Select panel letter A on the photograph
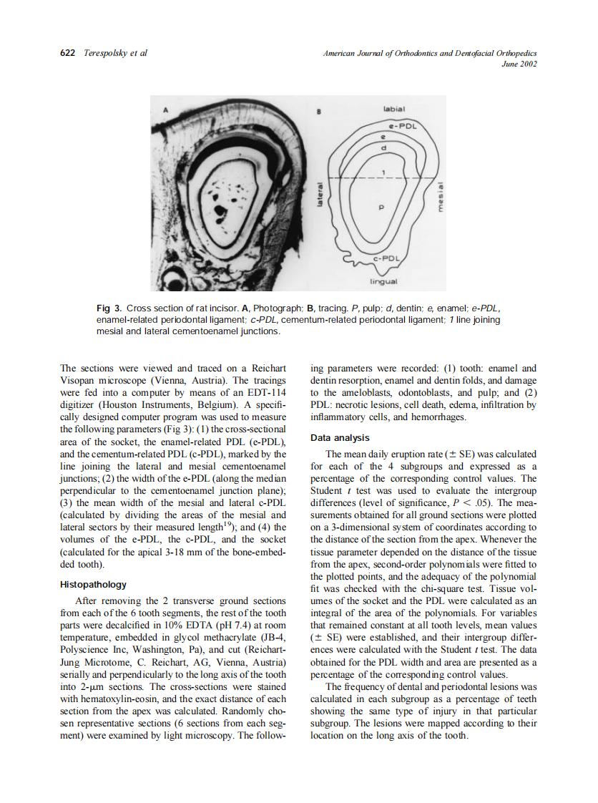click(x=166, y=110)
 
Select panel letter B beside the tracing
click(x=320, y=112)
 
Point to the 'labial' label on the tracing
click(x=394, y=109)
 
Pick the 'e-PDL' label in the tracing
click(x=403, y=125)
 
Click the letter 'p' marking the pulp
click(x=381, y=206)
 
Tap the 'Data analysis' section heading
click(x=340, y=438)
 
